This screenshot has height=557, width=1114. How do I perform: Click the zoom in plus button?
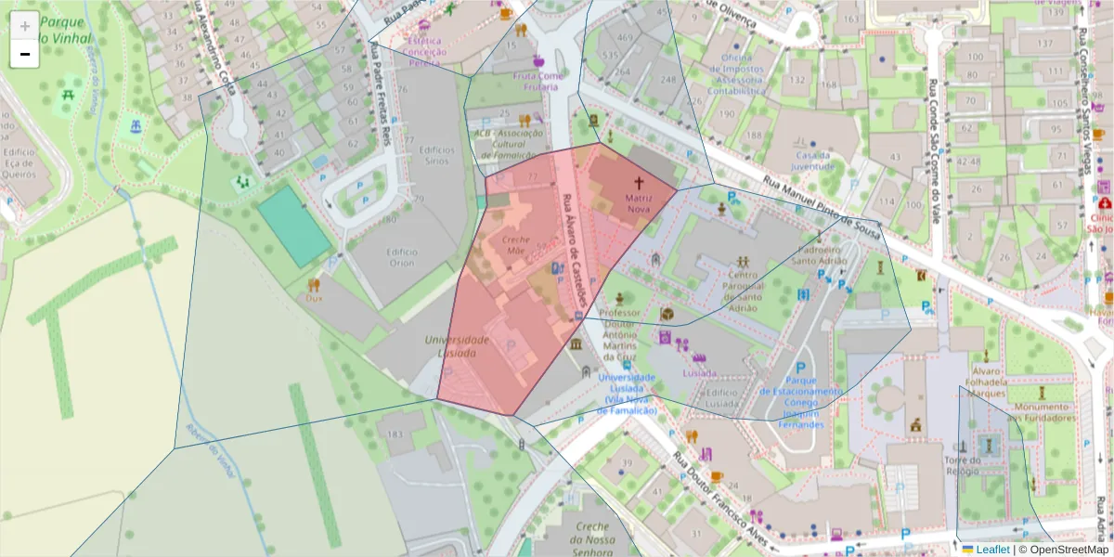tap(24, 26)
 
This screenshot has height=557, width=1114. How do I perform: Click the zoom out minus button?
tap(24, 54)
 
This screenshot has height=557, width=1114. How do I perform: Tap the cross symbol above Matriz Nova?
tap(639, 183)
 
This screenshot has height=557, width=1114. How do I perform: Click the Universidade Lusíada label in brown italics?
tap(457, 346)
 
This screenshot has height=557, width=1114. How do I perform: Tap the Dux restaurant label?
tap(314, 299)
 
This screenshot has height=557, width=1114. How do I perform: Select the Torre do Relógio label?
tap(962, 465)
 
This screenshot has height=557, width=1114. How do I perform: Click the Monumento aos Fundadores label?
tap(1043, 412)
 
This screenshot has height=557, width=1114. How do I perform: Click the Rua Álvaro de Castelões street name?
tap(575, 252)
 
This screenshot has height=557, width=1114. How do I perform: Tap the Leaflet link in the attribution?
tap(992, 550)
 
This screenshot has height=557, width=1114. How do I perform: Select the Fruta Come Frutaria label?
tap(538, 81)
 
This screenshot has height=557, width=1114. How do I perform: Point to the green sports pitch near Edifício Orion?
tap(293, 225)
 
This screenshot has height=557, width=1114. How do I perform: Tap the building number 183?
tap(394, 434)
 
